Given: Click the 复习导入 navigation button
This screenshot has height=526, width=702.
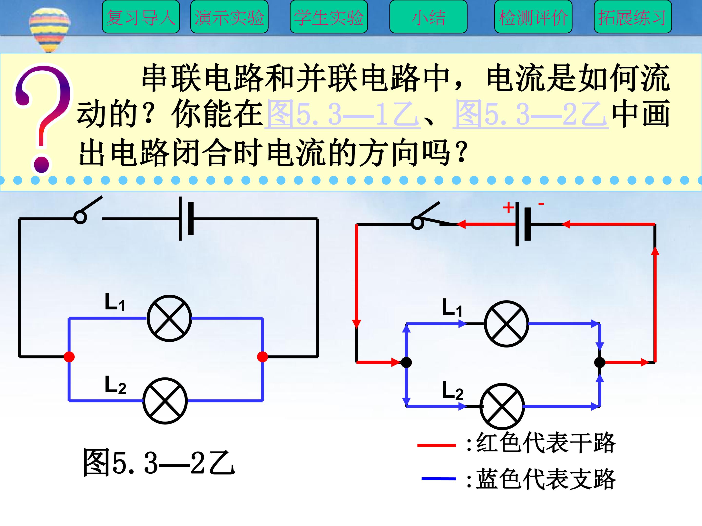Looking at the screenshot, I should (141, 17).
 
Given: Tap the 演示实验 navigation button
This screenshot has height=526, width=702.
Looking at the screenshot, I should (229, 17).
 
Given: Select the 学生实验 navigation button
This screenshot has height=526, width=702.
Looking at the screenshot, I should (329, 17).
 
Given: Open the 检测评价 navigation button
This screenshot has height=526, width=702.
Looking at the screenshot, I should (533, 17).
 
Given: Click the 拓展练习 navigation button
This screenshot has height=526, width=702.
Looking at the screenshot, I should (633, 17).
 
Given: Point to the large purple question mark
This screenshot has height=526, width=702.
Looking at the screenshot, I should (43, 117).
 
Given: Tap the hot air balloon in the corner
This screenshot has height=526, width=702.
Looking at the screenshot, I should (49, 28).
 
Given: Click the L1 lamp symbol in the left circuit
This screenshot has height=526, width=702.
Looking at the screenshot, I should (169, 318).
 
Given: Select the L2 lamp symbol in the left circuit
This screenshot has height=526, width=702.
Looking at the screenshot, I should (165, 401).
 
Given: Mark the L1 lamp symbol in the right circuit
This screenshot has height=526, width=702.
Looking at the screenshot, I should (506, 324).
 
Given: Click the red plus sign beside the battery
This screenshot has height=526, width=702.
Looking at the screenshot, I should (508, 208).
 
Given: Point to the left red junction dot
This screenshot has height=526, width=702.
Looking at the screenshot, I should (69, 357).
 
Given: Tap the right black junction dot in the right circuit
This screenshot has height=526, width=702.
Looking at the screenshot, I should (599, 362).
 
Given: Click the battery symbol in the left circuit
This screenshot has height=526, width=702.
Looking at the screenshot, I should (186, 218).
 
